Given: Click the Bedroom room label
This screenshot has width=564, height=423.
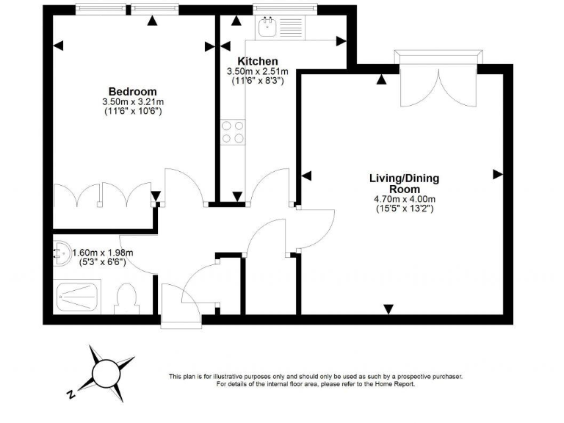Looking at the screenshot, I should coord(133,91).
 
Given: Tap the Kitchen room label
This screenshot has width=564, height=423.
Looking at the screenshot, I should coord(256,61).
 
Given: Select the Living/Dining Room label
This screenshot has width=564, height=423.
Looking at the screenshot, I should coord(405,184).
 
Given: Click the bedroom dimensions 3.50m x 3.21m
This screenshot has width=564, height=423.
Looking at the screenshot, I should coord(133,101).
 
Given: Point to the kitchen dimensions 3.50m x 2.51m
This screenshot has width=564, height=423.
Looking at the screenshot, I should coord(256,71).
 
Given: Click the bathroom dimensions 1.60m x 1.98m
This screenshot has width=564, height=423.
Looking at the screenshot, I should coord(103,253).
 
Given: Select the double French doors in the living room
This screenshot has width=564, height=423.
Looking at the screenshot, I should coord(438,81).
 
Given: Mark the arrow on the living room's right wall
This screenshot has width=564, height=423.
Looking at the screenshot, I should coord(498,175).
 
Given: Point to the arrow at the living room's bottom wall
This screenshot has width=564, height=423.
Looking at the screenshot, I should coord(389,308).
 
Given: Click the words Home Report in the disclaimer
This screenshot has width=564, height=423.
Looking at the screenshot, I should coord(394,384).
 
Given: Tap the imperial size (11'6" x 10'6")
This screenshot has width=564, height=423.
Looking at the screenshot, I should coord(133,111).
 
